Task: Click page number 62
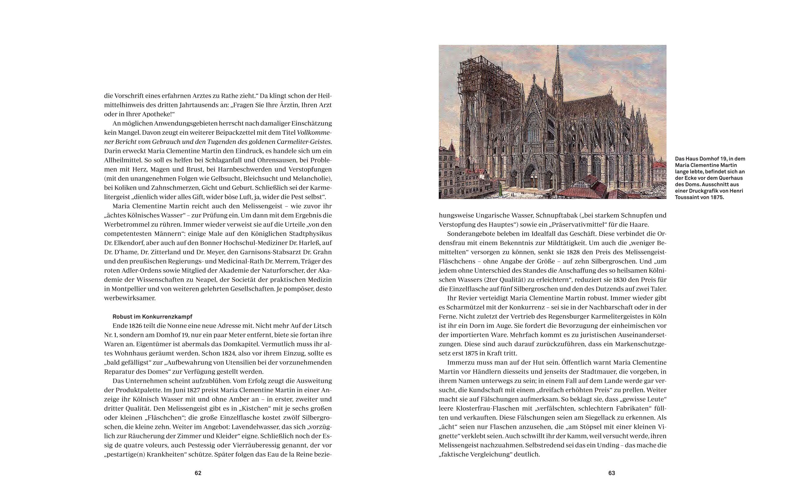pos(198,473)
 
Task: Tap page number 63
pos(611,473)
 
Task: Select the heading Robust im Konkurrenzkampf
pos(152,316)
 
